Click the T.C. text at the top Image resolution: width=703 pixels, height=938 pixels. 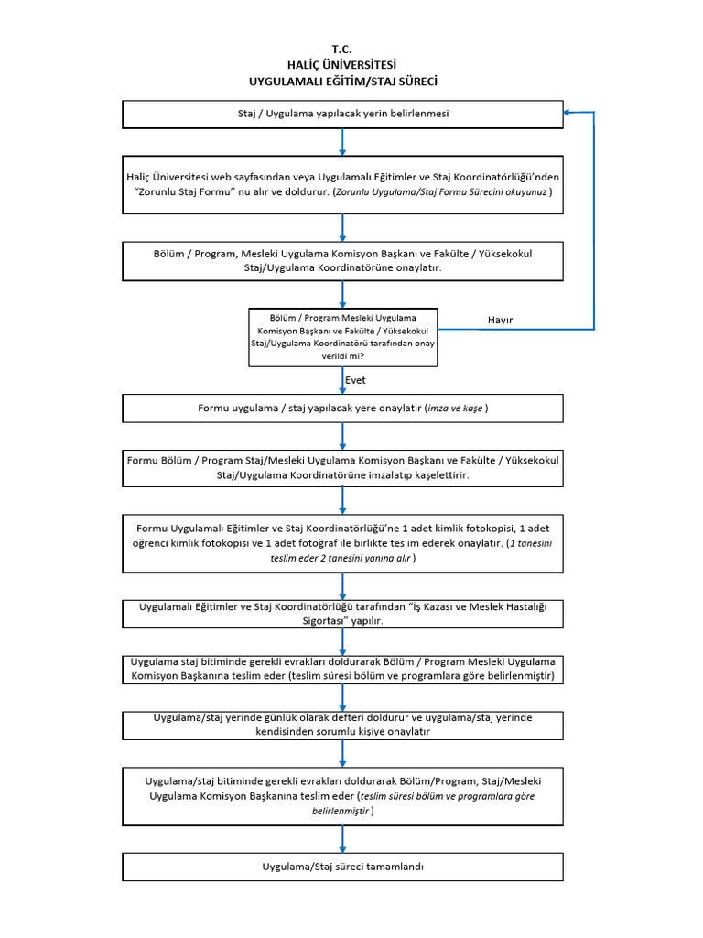click(342, 49)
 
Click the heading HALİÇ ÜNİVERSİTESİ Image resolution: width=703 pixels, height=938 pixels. click(342, 65)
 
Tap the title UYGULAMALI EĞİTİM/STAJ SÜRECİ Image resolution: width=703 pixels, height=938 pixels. click(343, 82)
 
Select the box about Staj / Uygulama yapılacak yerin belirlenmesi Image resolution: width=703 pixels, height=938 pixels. click(342, 115)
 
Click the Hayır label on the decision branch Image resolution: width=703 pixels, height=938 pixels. click(501, 320)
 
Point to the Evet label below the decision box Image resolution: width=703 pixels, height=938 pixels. click(355, 380)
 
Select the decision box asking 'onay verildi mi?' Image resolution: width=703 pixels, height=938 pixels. click(343, 337)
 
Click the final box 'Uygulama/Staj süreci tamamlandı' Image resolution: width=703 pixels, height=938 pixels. click(342, 867)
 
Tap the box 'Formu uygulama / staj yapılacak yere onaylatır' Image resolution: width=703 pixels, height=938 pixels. click(342, 409)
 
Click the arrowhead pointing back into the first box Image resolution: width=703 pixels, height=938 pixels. click(568, 112)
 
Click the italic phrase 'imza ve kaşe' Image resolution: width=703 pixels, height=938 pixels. click(455, 409)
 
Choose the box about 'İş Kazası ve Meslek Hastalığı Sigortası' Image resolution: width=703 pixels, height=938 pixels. click(342, 614)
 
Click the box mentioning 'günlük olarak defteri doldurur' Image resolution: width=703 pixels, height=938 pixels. click(342, 725)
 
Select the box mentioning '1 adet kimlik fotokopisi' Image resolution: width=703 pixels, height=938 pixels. click(342, 543)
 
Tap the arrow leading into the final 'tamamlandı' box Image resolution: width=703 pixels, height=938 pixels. click(342, 839)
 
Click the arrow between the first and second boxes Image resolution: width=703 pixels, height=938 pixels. click(342, 142)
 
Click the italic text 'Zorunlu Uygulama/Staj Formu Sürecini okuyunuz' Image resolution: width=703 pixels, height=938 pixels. click(441, 192)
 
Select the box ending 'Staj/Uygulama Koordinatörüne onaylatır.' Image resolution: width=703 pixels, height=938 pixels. click(342, 261)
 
